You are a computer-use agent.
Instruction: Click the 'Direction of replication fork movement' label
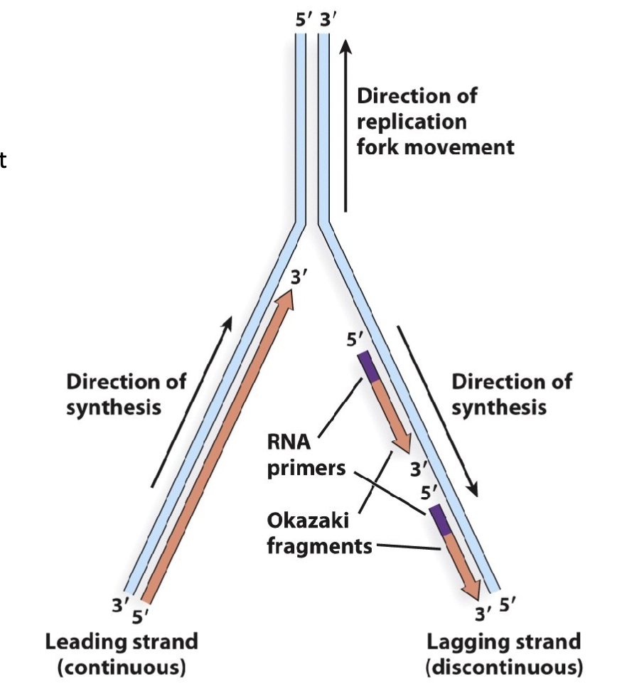(434, 121)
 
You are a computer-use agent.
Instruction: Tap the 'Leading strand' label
(122, 642)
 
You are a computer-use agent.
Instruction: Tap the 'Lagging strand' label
(503, 642)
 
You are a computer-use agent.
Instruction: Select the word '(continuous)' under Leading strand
(122, 669)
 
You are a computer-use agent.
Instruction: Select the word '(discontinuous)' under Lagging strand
(503, 669)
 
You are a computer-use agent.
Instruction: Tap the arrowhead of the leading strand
(286, 297)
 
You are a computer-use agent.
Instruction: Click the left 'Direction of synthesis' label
(126, 394)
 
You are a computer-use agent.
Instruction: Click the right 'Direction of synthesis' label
(511, 394)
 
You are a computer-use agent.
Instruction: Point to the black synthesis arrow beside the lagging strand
(436, 411)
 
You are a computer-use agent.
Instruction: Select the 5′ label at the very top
(303, 19)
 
